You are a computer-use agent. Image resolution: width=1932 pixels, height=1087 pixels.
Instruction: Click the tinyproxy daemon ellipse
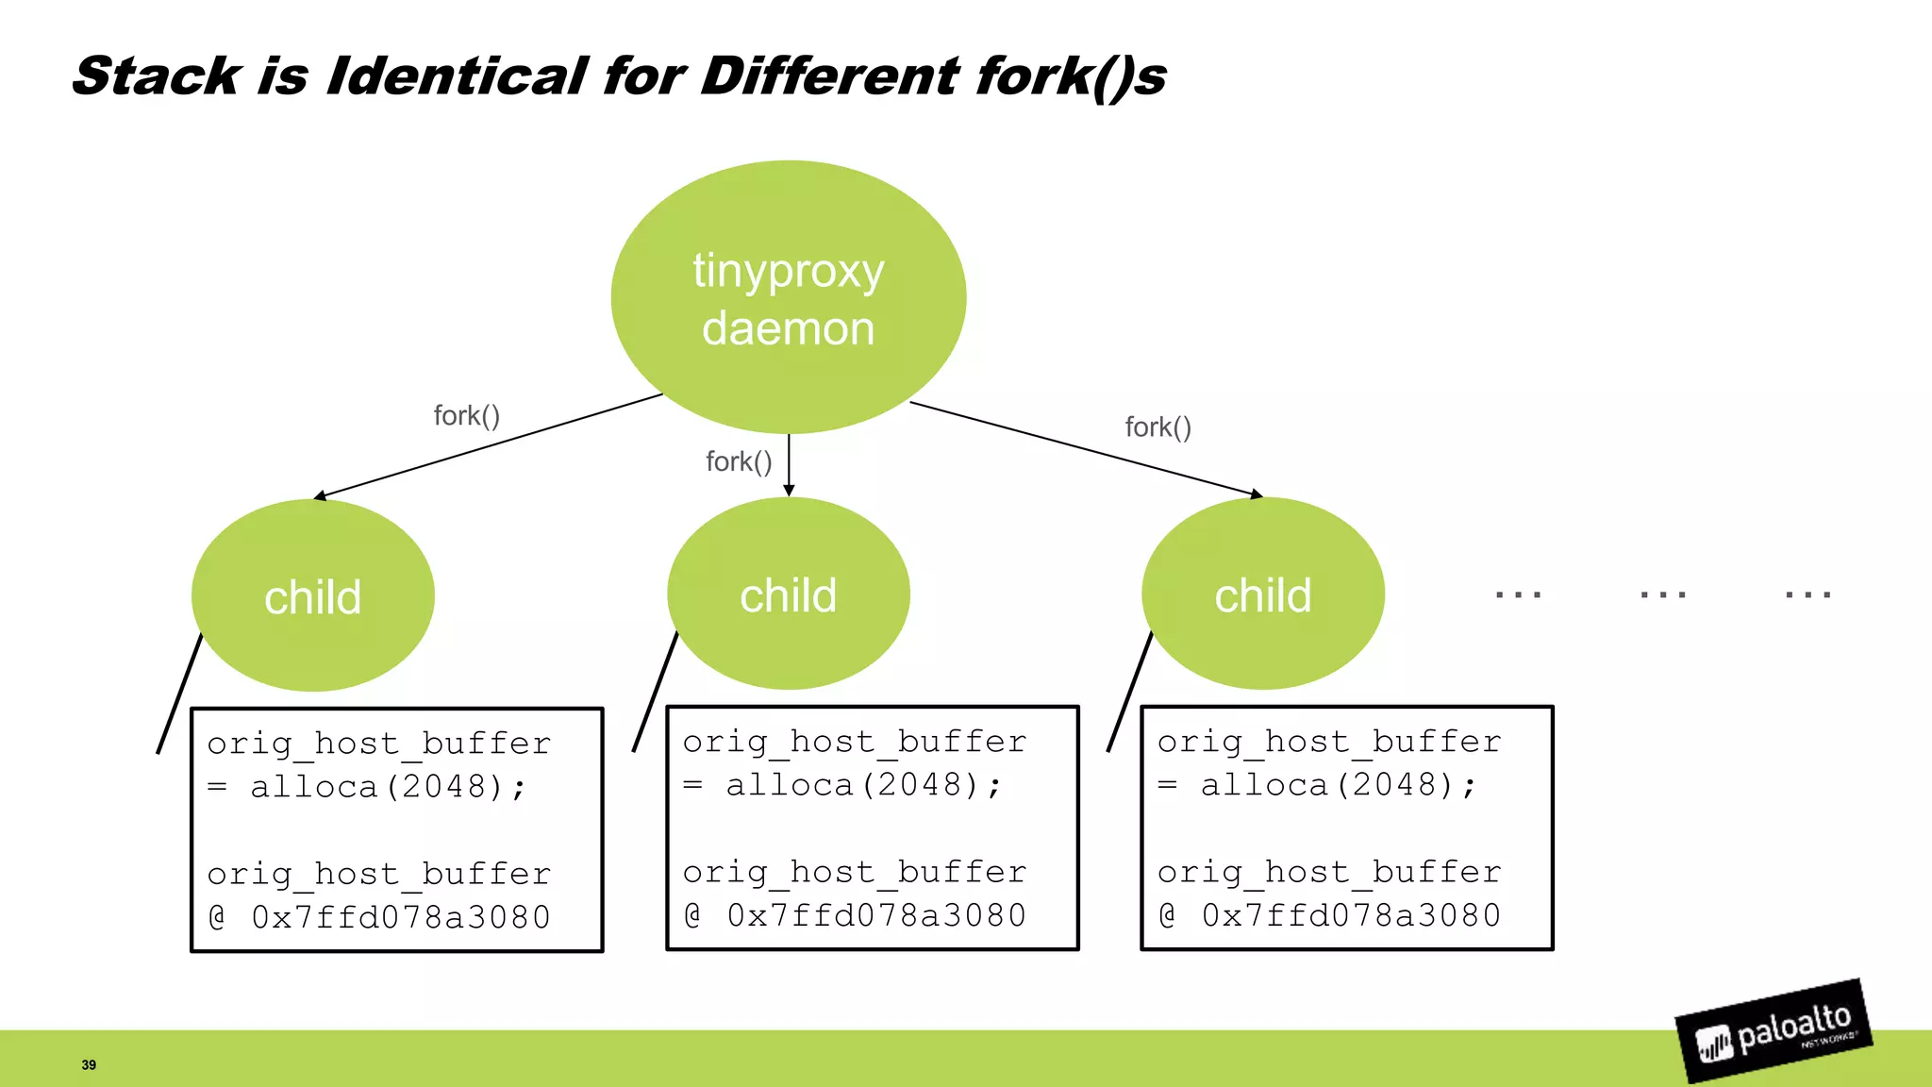click(x=789, y=297)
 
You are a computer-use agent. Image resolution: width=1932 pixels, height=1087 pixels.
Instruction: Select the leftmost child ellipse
click(x=312, y=595)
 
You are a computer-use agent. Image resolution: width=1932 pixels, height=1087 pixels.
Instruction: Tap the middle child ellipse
click(x=788, y=594)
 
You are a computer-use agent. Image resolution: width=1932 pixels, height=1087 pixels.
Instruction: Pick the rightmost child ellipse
click(x=1262, y=594)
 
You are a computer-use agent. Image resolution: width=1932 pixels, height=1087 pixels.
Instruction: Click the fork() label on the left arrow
click(x=466, y=416)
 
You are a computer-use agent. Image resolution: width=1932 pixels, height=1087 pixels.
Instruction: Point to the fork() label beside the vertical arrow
click(x=739, y=461)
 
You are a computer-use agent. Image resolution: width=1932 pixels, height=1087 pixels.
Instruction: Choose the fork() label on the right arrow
click(x=1158, y=427)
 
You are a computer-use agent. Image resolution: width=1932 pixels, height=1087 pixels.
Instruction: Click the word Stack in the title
click(x=156, y=75)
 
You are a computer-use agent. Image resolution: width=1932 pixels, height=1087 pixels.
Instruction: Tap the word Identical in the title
click(x=457, y=75)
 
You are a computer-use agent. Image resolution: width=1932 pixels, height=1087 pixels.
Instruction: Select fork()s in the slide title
click(x=1071, y=75)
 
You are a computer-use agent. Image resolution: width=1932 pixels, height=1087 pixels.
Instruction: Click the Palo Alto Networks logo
click(x=1774, y=1032)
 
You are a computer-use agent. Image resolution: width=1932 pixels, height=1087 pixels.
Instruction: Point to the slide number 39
click(x=89, y=1064)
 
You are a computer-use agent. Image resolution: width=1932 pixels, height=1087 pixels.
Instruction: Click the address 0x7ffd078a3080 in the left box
click(x=400, y=917)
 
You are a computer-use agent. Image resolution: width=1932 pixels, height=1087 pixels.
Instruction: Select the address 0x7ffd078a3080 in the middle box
click(x=875, y=915)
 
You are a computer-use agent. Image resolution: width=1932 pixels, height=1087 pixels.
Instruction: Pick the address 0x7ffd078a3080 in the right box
click(x=1350, y=915)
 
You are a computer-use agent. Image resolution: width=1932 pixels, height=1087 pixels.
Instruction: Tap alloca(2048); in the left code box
click(x=388, y=786)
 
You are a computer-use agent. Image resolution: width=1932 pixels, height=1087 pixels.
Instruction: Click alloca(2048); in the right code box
click(x=1338, y=784)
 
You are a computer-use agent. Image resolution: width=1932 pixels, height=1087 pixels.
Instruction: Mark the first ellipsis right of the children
click(x=1518, y=594)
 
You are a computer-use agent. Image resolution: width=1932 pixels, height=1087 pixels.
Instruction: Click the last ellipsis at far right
click(x=1807, y=594)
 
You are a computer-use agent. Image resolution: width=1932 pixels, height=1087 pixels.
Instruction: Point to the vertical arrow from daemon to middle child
click(x=789, y=464)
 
